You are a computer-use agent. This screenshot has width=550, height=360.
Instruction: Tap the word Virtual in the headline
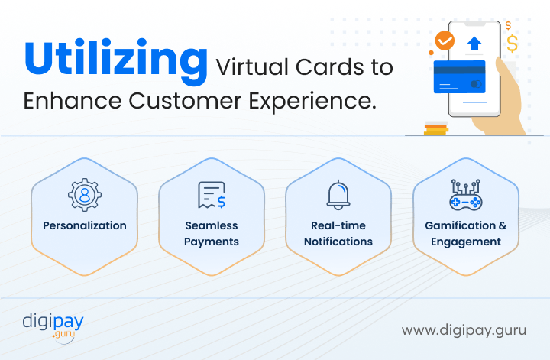tap(251, 66)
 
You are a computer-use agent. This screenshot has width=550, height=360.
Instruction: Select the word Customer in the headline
tap(185, 101)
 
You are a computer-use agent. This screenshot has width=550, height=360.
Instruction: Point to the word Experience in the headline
tap(312, 102)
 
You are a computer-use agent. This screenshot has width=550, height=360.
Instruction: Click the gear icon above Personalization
tap(85, 195)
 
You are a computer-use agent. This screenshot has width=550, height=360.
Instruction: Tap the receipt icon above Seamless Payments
tap(212, 195)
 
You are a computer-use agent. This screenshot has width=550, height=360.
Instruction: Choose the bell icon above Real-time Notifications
tap(338, 195)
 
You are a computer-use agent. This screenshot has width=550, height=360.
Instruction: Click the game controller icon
tap(466, 195)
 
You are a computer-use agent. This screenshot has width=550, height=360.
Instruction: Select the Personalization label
tap(85, 225)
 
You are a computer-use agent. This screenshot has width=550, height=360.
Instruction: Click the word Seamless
tap(212, 225)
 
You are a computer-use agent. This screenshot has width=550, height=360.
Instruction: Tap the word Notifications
tap(338, 242)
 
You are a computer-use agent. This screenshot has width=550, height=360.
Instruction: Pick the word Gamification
tap(461, 225)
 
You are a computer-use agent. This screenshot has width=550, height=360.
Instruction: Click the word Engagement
tap(466, 242)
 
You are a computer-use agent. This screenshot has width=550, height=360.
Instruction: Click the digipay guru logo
tap(53, 328)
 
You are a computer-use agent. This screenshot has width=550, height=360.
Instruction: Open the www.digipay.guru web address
tap(464, 330)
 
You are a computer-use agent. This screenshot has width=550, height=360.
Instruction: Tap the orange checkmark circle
tap(445, 41)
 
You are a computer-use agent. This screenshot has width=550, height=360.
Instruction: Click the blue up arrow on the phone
tap(474, 44)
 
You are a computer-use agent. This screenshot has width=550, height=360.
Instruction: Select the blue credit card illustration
tap(460, 77)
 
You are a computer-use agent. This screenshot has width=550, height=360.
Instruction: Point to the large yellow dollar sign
tap(512, 43)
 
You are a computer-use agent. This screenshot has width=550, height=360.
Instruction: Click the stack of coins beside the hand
tap(436, 128)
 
